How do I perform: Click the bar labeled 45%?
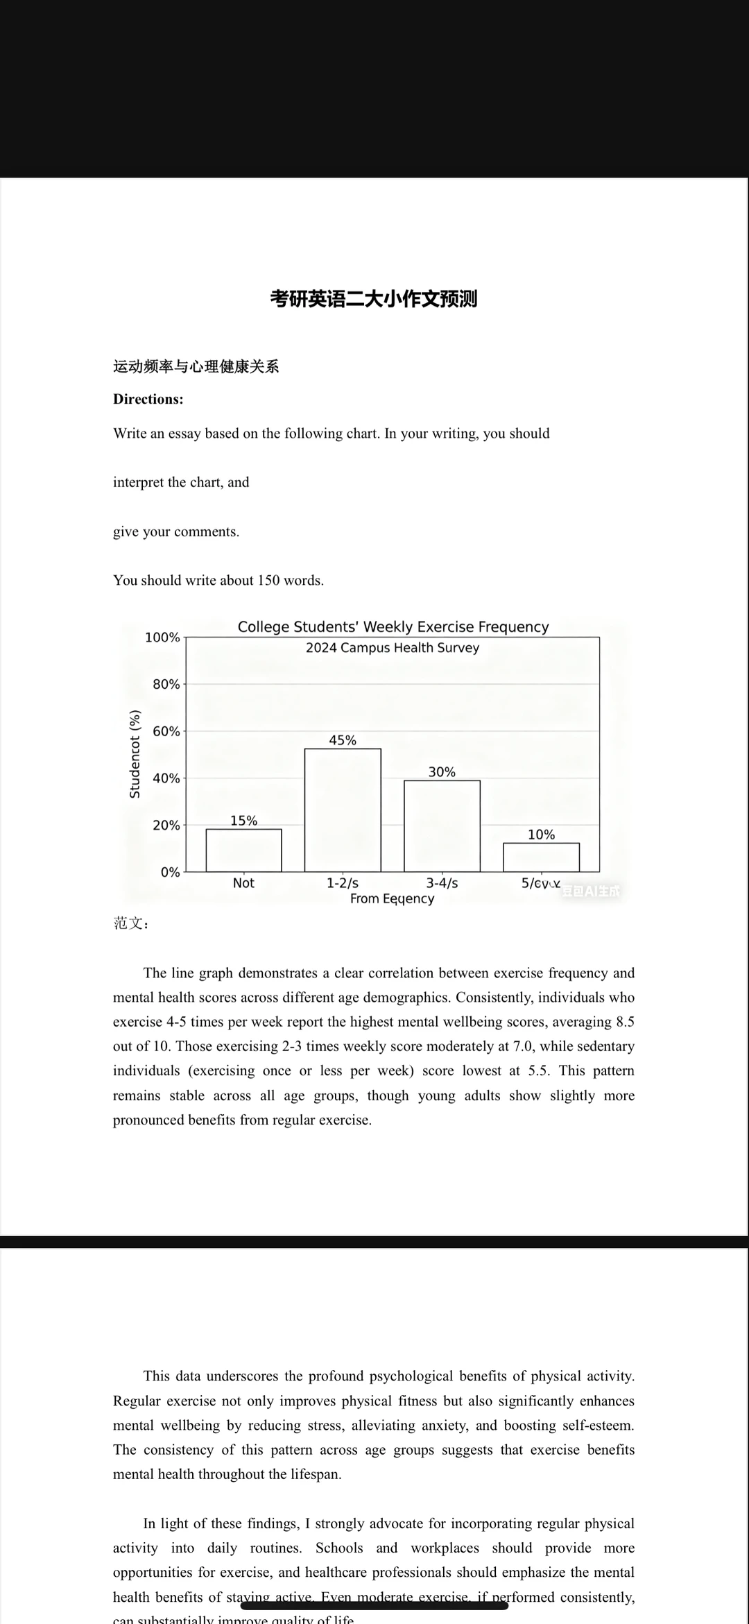pos(343,810)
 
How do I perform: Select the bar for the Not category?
pos(243,850)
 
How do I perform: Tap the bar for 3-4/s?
pos(442,826)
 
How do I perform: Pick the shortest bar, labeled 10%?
pos(541,857)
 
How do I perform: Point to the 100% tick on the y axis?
pos(162,637)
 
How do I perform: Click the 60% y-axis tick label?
pos(166,731)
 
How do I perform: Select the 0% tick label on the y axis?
pos(170,872)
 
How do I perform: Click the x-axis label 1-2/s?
pos(343,883)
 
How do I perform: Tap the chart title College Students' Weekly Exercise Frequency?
pos(393,627)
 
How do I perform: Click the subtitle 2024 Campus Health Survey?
pos(393,648)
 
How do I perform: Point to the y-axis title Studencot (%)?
pos(135,753)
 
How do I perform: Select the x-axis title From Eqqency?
pos(392,899)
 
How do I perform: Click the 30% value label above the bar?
pos(442,772)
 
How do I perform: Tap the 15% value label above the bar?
pos(243,821)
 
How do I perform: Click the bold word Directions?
pos(148,399)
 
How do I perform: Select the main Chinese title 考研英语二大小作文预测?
pos(374,299)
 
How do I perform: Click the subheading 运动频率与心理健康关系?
pos(196,366)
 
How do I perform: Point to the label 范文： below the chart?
pos(131,923)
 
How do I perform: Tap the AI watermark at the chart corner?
pos(590,891)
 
